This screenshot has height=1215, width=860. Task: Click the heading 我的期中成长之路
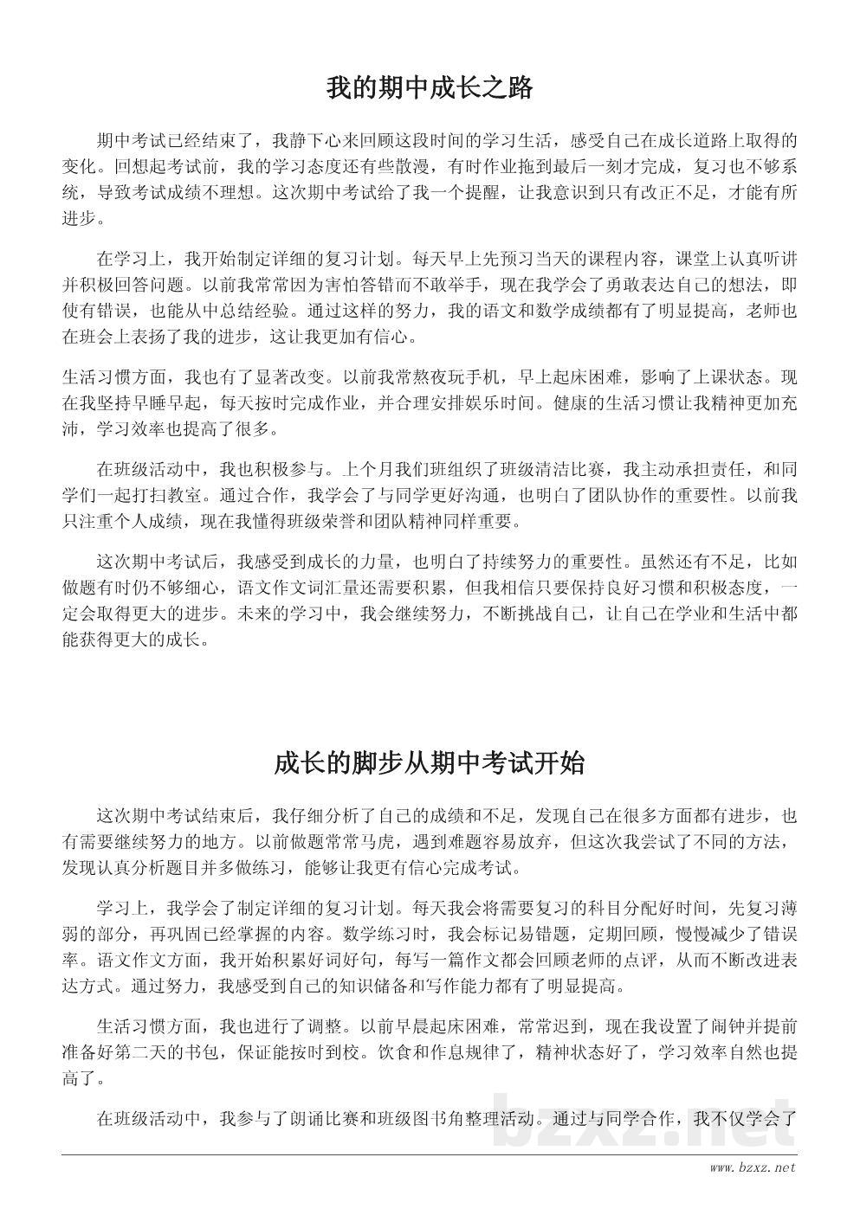(429, 88)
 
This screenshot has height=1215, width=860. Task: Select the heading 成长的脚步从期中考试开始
(429, 763)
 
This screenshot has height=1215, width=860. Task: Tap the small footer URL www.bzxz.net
(752, 1169)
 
